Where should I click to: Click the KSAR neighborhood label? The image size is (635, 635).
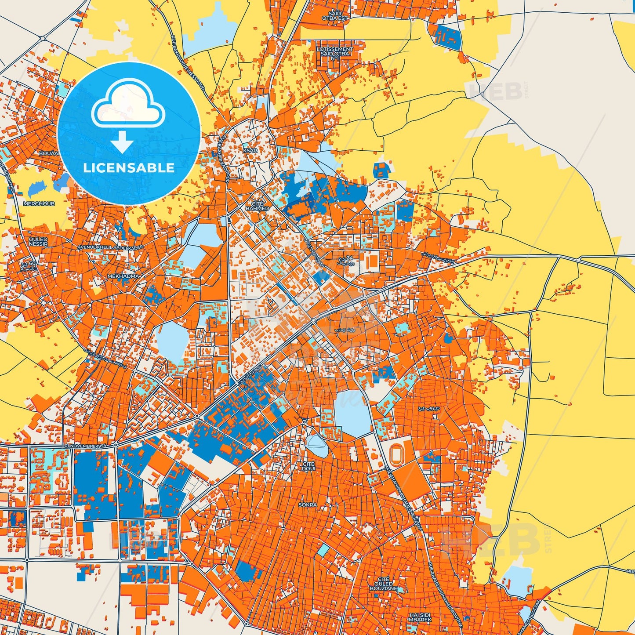[250, 150]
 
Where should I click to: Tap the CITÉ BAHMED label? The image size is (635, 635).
[257, 206]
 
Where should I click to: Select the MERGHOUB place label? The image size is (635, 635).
[39, 204]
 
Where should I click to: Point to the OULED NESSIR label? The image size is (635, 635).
[38, 242]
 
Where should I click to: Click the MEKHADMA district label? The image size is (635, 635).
[123, 276]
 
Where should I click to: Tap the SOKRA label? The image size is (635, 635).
[308, 505]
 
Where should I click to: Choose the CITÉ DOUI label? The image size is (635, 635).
[308, 466]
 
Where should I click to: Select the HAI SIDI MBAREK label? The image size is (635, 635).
[420, 617]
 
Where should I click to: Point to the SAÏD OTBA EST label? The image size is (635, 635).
[335, 16]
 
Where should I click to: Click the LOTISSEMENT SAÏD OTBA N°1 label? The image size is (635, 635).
[335, 54]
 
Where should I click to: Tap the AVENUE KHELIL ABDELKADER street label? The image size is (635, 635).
[110, 247]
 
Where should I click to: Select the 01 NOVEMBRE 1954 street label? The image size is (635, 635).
[86, 446]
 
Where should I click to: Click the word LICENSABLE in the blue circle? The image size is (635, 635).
[129, 168]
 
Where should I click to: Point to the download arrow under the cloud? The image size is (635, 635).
[122, 142]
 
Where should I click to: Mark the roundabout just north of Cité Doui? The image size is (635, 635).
[304, 422]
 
